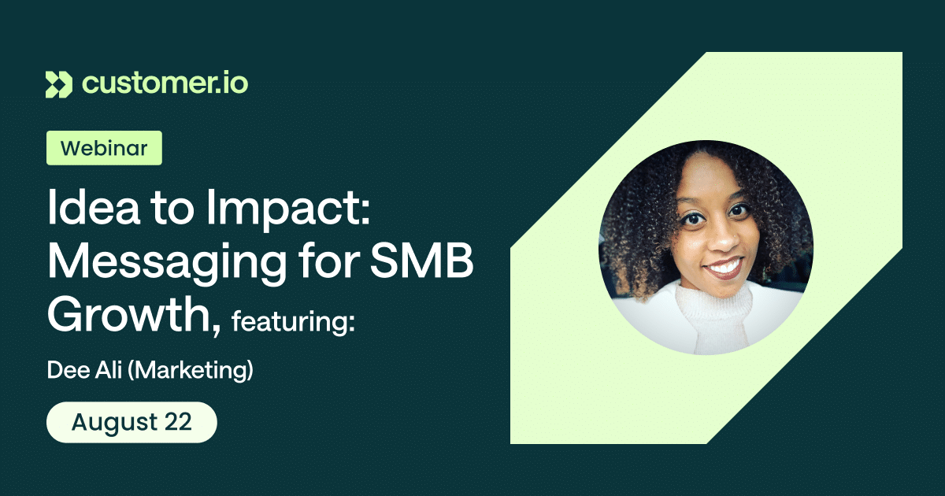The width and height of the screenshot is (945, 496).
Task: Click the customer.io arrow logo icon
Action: pyautogui.click(x=58, y=84)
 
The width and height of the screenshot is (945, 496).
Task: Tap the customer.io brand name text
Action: pyautogui.click(x=165, y=83)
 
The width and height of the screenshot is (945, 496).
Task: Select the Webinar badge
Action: pyautogui.click(x=104, y=148)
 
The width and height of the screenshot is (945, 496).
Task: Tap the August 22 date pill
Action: pyautogui.click(x=132, y=422)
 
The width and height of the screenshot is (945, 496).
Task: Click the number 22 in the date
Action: pyautogui.click(x=178, y=422)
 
